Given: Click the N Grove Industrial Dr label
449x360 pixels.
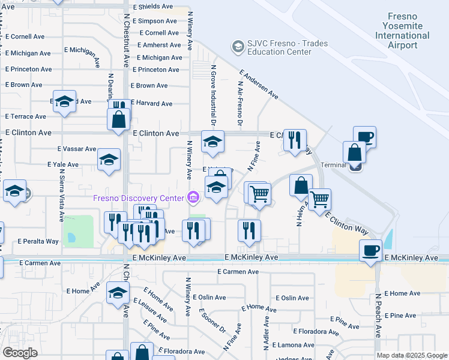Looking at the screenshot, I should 213,96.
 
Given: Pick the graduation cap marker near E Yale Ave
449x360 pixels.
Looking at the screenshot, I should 109,160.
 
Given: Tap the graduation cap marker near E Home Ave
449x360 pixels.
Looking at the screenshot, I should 118,293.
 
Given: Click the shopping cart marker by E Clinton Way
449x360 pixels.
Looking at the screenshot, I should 319,199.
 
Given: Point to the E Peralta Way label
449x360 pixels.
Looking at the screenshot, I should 38,241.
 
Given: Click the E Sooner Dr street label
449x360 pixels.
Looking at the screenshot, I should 213,322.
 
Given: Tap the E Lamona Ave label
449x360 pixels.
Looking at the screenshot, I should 291,346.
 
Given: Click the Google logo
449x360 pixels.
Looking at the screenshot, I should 20,353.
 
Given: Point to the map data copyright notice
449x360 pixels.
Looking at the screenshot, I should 412,355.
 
